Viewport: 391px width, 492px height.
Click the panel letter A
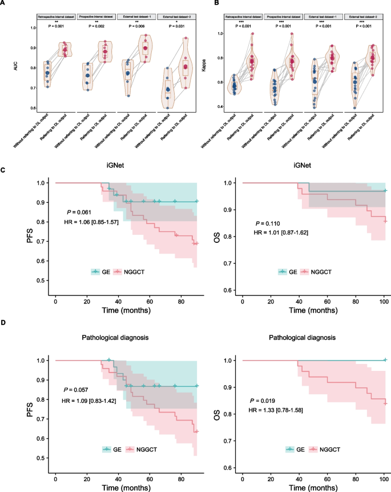[x=4, y=5]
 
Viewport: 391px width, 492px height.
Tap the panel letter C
[x=4, y=170]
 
